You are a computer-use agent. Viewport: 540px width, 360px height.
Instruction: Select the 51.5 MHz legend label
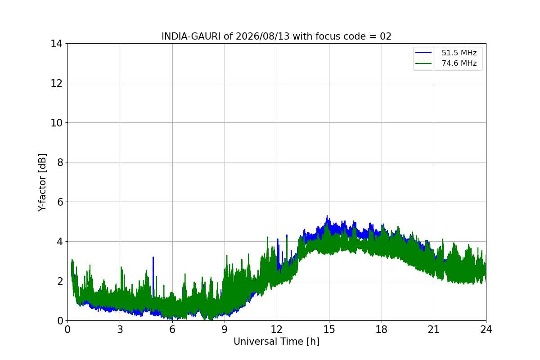459,53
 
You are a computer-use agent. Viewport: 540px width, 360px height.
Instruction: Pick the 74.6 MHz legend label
459,63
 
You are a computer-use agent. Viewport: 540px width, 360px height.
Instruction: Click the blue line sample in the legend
423,53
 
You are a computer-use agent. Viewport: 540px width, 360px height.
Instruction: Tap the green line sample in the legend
423,63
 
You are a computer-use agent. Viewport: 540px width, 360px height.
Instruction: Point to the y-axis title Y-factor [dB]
42,183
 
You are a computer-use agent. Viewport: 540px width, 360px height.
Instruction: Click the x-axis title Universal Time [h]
276,342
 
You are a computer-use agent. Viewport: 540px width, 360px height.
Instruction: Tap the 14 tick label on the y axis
56,44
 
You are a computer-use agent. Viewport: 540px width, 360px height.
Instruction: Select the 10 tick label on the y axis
56,123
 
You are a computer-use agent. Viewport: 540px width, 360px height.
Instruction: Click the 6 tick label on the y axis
60,202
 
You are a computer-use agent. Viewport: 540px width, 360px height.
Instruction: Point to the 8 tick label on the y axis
60,162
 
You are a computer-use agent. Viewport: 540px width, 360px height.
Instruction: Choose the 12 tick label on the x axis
277,329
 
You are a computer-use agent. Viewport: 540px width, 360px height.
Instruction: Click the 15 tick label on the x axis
329,329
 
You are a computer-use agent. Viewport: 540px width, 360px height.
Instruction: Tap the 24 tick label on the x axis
486,329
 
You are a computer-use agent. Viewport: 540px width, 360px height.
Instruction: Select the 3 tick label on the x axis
120,329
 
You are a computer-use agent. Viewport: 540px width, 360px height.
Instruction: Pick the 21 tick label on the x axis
434,329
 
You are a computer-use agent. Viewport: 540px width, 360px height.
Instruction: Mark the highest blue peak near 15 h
327,216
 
